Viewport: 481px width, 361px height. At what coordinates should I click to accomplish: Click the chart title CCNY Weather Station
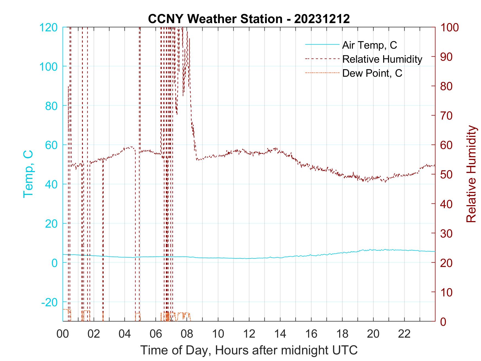click(249, 19)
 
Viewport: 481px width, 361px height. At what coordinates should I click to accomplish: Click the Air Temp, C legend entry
click(369, 45)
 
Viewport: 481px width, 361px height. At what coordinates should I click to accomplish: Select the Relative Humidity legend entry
click(382, 59)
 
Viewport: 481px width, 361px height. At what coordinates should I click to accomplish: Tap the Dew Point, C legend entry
click(372, 73)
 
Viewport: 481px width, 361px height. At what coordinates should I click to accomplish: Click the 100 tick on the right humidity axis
click(450, 27)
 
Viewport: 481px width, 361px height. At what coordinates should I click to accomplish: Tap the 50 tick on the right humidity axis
click(447, 174)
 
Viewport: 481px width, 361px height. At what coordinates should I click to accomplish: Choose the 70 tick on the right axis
click(447, 115)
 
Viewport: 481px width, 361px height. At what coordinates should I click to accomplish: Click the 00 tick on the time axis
click(62, 334)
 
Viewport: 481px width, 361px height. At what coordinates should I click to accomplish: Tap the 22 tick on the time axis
click(404, 334)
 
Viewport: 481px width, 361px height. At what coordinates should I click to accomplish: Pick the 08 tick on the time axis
click(187, 334)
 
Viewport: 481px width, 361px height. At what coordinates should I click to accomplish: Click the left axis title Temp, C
click(28, 174)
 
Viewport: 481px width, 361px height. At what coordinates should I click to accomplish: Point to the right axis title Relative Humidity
click(471, 174)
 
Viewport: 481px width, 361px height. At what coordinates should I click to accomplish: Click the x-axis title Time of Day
click(249, 350)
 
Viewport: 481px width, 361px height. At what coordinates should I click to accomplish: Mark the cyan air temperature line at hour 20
click(373, 250)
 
